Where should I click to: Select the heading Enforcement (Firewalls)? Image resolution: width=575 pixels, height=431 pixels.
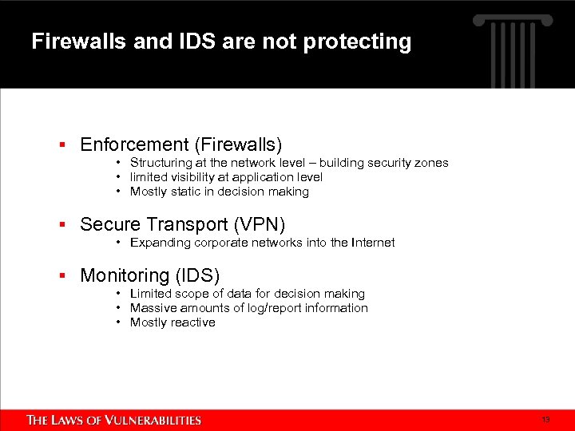[181, 144]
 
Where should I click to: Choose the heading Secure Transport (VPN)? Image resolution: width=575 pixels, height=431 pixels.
[183, 223]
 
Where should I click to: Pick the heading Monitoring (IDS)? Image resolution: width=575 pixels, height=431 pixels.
[150, 275]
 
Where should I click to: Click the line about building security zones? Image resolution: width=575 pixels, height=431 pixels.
[289, 163]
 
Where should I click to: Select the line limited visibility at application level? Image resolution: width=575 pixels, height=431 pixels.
[226, 177]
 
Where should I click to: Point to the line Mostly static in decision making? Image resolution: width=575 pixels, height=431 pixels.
[219, 192]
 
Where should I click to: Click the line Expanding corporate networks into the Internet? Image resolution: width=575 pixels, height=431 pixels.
[262, 243]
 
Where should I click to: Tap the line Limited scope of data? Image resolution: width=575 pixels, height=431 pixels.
[247, 294]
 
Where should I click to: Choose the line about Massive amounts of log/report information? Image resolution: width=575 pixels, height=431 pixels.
[248, 308]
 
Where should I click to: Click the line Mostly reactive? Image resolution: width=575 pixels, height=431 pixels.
[172, 322]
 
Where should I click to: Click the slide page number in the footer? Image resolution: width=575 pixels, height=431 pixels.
[546, 419]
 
